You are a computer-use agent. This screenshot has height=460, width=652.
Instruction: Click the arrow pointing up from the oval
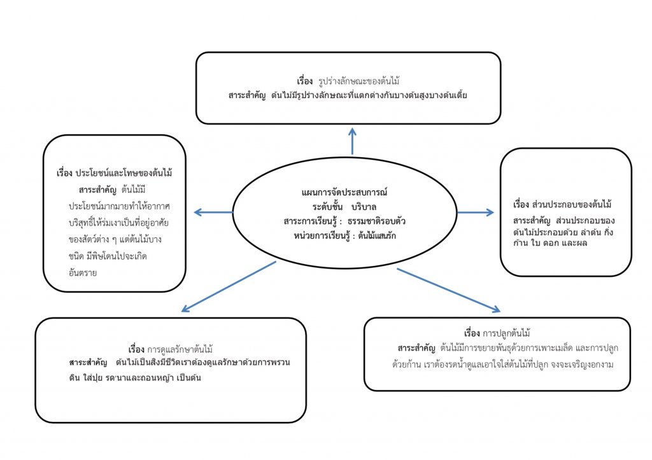point(352,141)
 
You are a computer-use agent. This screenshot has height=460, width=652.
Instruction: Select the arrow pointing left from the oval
point(213,212)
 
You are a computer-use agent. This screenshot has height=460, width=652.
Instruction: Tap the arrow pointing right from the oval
point(476,212)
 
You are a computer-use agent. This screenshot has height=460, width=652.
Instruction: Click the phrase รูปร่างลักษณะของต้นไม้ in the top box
point(358,82)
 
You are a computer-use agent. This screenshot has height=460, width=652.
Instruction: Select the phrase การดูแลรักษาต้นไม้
point(180,349)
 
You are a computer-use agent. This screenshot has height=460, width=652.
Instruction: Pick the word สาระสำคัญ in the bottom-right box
point(416,349)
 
